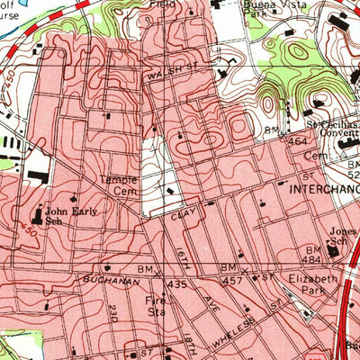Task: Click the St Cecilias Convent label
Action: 334,125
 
